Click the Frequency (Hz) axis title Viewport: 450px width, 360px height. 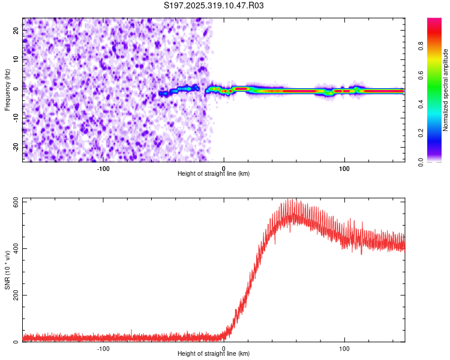coord(8,89)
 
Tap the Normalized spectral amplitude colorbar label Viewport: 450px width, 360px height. coord(446,91)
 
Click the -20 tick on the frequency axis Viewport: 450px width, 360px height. coord(15,148)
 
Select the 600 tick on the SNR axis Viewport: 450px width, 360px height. coord(14,202)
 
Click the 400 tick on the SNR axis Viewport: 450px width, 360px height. coord(14,249)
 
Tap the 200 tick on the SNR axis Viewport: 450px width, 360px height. coord(14,295)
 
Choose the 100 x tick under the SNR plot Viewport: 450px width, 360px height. coord(344,347)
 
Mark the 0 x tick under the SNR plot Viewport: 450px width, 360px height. coord(224,347)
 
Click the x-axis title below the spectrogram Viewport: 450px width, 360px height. coord(214,173)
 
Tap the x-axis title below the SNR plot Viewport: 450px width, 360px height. coord(214,354)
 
